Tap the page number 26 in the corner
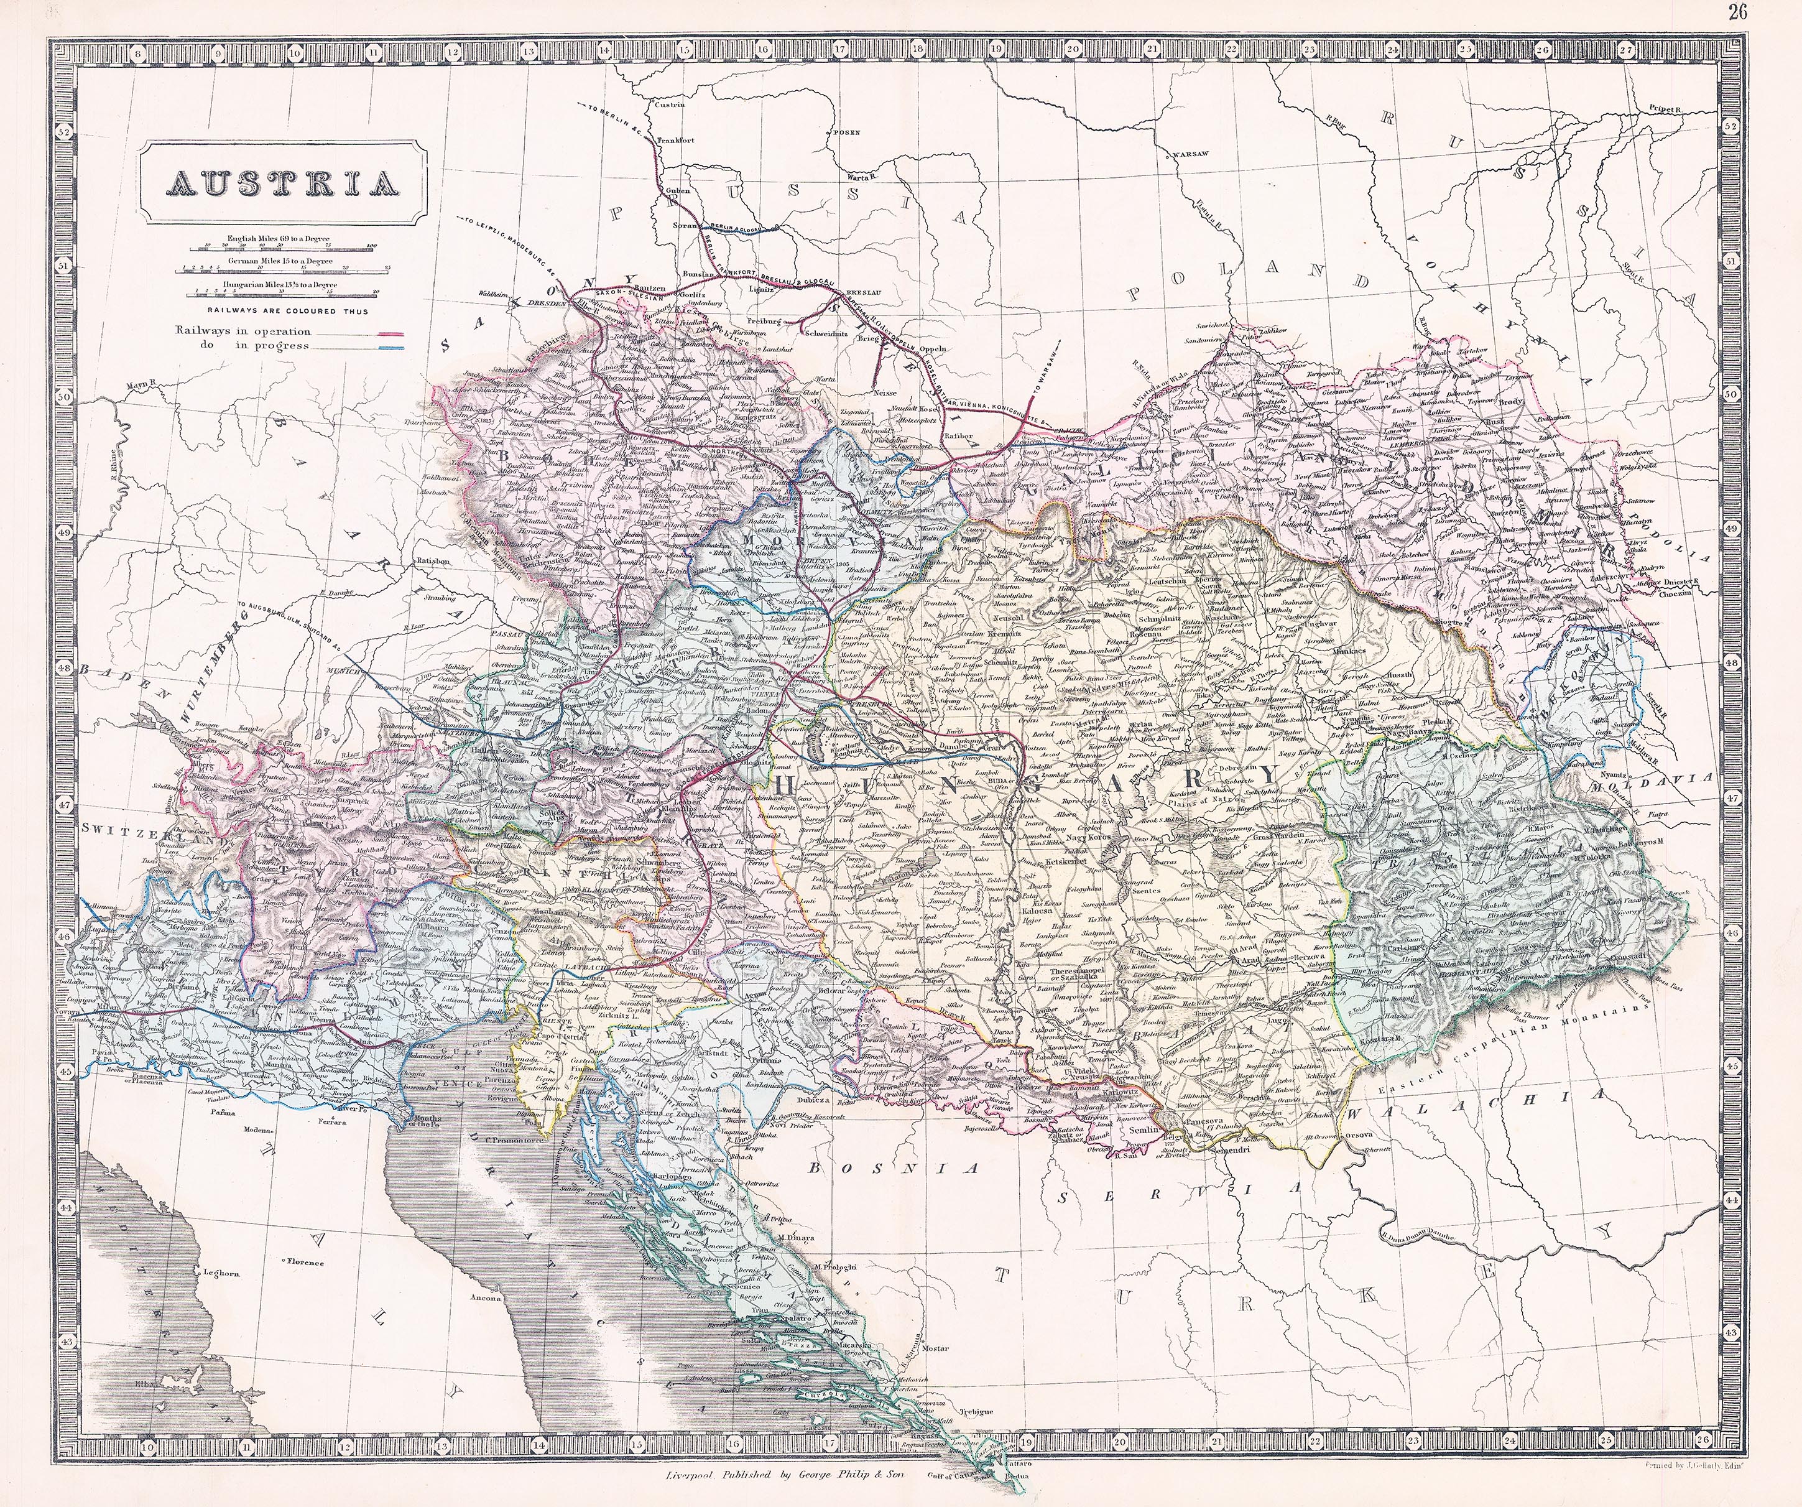coord(1781,11)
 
